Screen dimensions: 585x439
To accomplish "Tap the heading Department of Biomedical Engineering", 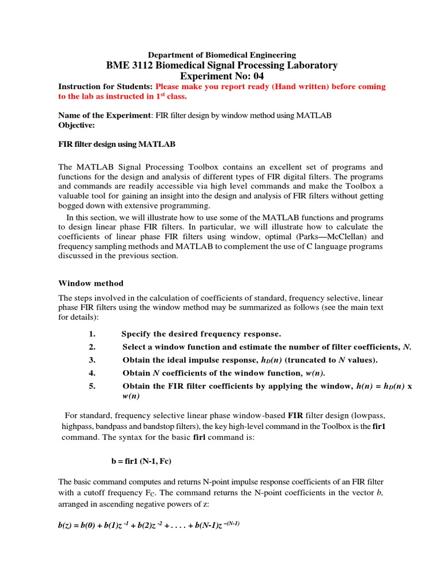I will point(222,55).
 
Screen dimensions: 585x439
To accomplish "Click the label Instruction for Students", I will point(105,87).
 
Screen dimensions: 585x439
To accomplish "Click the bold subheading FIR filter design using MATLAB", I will point(117,145).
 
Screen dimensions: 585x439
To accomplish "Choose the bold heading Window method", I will point(91,283).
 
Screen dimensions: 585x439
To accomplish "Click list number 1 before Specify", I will point(92,334).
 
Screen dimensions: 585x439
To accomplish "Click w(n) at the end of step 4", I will point(314,373).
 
